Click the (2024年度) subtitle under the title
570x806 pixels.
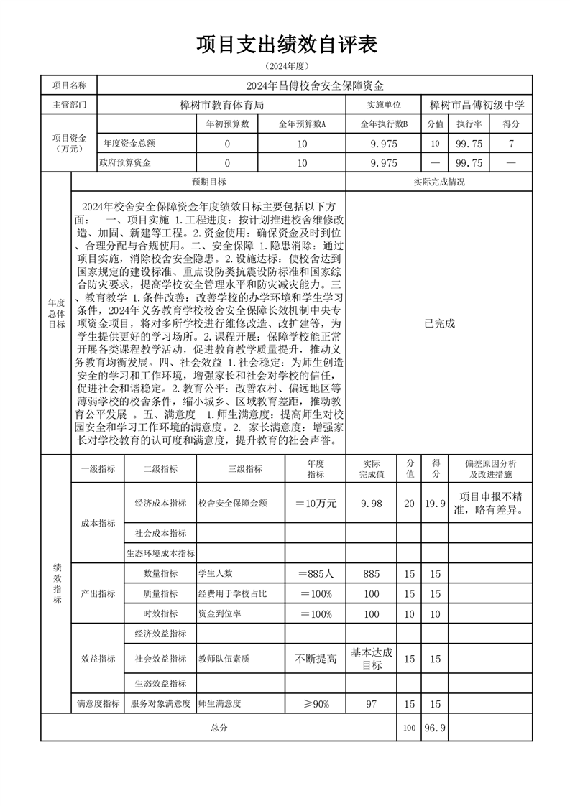pos(285,66)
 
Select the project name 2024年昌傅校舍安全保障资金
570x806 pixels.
pos(315,85)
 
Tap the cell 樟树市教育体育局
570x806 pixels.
pos(221,105)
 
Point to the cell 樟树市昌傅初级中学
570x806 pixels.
pos(477,105)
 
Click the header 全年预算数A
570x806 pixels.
pos(302,124)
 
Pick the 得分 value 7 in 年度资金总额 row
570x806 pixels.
pos(511,144)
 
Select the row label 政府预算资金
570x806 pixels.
pos(126,163)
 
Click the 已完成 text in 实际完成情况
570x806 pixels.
pos(439,324)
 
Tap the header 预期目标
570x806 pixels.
pos(208,182)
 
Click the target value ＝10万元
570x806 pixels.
pos(316,504)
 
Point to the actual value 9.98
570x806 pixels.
pos(371,504)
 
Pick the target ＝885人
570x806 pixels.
pos(316,574)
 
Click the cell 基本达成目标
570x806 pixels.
pos(371,659)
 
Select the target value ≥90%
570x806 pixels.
pos(316,705)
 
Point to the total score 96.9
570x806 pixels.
pos(435,728)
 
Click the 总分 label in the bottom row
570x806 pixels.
pos(219,728)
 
